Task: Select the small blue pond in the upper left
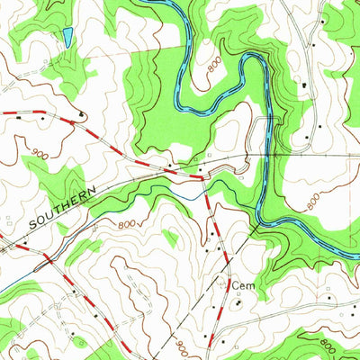67,37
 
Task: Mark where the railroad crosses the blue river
262,157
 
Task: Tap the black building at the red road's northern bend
81,114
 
